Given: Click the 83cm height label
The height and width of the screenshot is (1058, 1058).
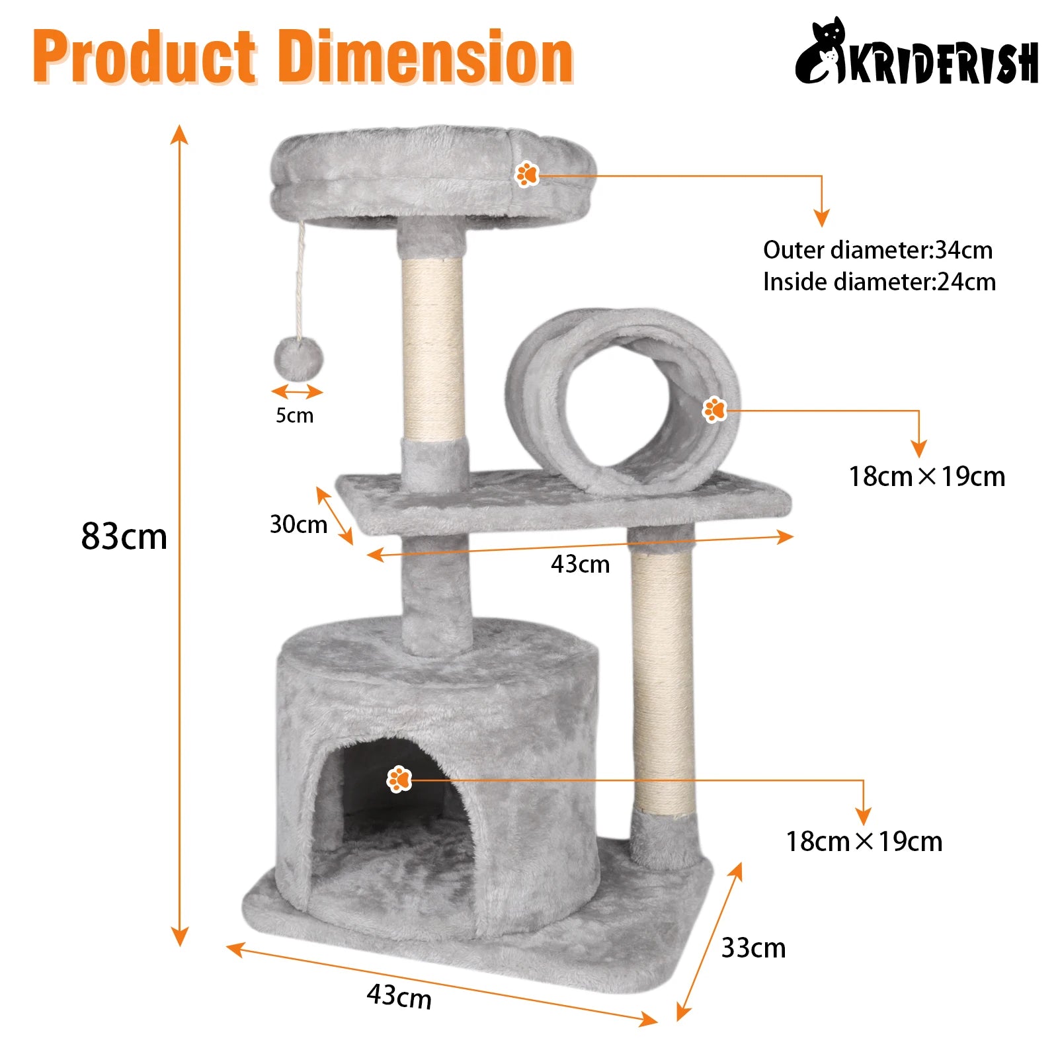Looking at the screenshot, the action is click(124, 536).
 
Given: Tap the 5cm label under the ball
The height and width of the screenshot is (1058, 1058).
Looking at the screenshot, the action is click(295, 415).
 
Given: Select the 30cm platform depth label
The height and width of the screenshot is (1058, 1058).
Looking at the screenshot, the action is click(298, 524).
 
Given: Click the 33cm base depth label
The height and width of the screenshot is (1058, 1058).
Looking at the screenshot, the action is click(753, 948).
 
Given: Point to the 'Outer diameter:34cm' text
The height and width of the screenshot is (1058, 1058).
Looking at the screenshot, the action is click(878, 250).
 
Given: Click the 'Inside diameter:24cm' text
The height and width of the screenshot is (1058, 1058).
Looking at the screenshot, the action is click(879, 282).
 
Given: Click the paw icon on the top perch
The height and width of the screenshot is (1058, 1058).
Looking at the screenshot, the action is click(527, 174).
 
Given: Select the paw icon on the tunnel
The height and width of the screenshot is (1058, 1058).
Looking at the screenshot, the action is click(714, 410).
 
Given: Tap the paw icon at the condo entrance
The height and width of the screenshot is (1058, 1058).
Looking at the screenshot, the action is click(399, 779).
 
